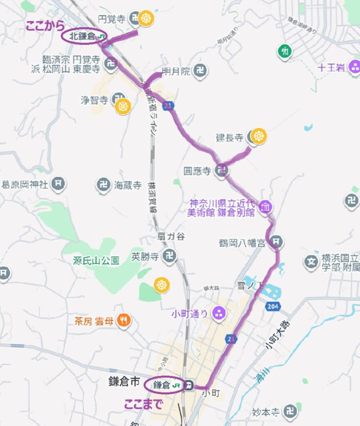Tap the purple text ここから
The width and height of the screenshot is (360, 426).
click(45, 26)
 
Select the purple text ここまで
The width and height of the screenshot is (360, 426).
click(143, 404)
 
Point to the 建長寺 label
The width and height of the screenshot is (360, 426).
click(229, 137)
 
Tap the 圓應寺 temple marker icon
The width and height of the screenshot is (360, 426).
click(221, 170)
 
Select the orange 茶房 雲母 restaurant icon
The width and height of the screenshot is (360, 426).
click(124, 320)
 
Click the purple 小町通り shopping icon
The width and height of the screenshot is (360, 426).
click(218, 313)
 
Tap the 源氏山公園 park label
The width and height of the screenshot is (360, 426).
click(96, 261)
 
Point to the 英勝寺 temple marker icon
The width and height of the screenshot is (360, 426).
click(170, 256)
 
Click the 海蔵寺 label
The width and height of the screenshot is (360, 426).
click(128, 186)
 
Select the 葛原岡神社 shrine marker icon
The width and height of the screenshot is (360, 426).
click(59, 183)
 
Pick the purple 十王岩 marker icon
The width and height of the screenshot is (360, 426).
click(355, 67)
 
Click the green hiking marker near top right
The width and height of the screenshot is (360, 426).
click(285, 52)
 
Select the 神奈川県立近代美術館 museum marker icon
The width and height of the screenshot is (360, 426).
click(265, 206)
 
